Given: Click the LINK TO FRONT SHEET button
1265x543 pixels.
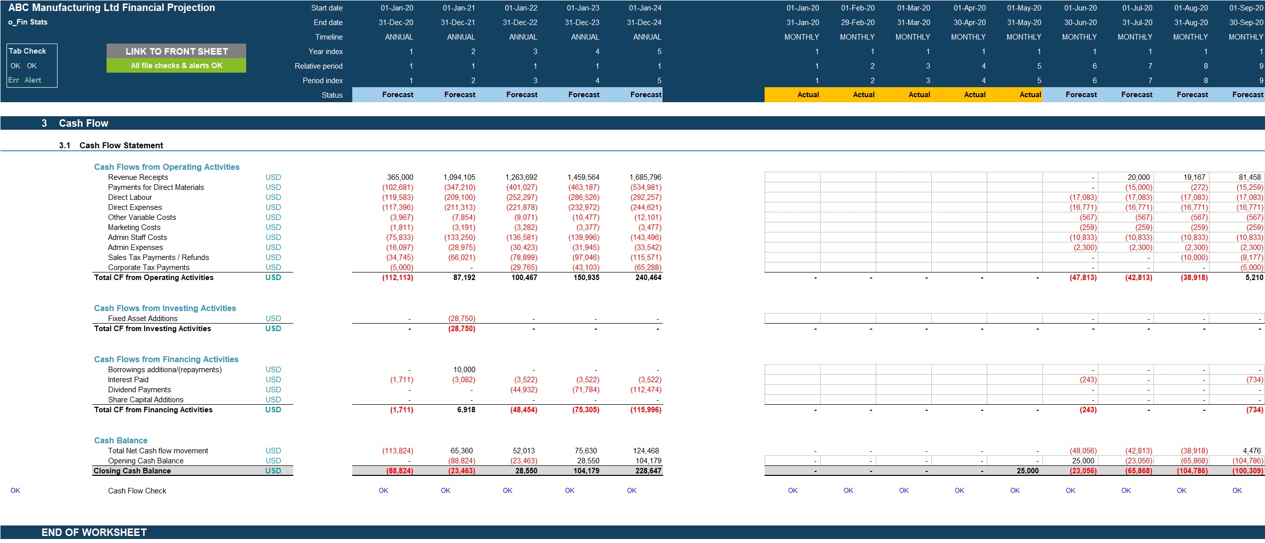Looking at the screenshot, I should pos(176,51).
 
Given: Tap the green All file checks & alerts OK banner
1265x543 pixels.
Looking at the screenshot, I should pos(176,66).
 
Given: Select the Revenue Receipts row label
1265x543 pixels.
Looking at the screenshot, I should pos(138,177).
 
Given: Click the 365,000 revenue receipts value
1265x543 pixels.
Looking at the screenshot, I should pos(400,177).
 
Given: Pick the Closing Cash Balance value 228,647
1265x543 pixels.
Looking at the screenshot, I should pos(648,471).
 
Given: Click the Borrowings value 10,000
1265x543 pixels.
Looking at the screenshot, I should pos(464,370).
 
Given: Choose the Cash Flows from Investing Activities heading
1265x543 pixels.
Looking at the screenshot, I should pos(165,308).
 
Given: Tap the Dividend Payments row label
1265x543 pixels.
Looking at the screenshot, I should pos(140,390).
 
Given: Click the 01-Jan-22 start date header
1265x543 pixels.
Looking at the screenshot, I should pos(521,8).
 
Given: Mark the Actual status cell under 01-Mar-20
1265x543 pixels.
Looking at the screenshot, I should pos(919,95).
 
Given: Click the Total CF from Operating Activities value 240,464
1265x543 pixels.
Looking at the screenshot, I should pos(648,278).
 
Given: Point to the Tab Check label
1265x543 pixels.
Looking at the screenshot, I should pos(28,51).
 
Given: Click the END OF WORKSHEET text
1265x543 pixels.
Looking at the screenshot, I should pos(94,532).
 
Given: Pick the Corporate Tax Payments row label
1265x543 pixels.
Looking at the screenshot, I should pos(149,267).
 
